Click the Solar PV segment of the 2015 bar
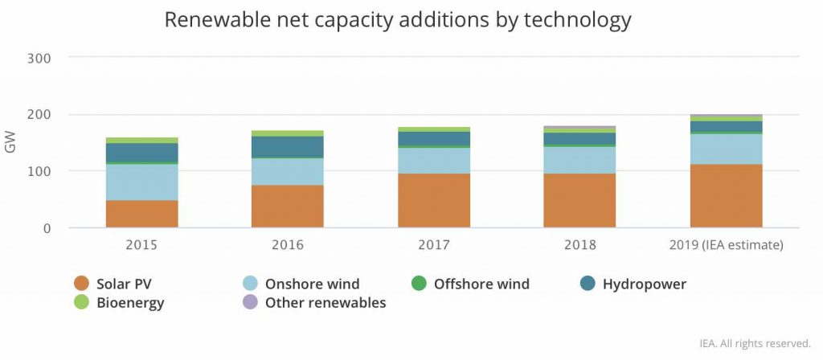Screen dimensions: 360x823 141,214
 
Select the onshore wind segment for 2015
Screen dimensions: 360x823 141,182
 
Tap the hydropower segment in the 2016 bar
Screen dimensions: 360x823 287,147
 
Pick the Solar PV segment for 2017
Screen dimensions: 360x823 434,200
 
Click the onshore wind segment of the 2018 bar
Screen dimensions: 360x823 579,160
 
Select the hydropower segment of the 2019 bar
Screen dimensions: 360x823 726,127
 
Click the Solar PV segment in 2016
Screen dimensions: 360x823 287,207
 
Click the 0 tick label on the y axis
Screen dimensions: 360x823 47,228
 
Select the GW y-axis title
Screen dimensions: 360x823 10,143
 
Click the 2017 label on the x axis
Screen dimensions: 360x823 434,245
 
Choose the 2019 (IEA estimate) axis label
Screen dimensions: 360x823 726,245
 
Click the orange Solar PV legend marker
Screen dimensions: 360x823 80,284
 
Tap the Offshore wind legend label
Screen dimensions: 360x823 481,284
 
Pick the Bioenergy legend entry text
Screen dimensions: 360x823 130,303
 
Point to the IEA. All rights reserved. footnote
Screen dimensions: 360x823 755,342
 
